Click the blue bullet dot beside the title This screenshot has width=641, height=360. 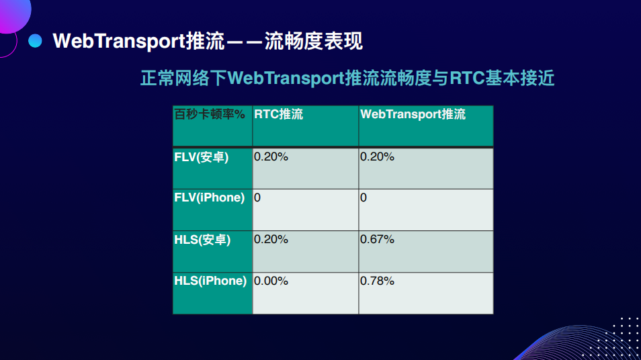point(35,41)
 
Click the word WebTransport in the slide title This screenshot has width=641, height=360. point(119,41)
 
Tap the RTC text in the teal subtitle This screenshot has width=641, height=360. point(467,78)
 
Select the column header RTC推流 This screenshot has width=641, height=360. point(278,114)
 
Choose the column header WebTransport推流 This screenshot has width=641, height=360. point(413,114)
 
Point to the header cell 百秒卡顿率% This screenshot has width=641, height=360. point(210,114)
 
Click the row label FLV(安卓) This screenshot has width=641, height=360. point(201,157)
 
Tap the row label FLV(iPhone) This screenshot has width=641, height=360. point(210,197)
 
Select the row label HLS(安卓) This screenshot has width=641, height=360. point(202,240)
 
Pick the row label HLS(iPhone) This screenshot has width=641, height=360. point(210,281)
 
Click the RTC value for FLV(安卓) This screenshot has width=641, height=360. point(271,156)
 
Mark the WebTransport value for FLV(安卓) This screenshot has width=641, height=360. point(378,156)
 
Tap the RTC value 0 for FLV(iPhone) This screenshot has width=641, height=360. point(257,197)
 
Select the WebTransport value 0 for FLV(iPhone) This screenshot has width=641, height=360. point(364,197)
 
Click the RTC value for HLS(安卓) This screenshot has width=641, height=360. point(271,239)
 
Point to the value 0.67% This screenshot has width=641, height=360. point(378,239)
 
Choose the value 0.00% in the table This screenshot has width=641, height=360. point(271,281)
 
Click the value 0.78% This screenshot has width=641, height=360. point(378,281)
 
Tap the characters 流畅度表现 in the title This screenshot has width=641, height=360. point(314,41)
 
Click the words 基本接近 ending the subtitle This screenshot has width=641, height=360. point(520,78)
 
